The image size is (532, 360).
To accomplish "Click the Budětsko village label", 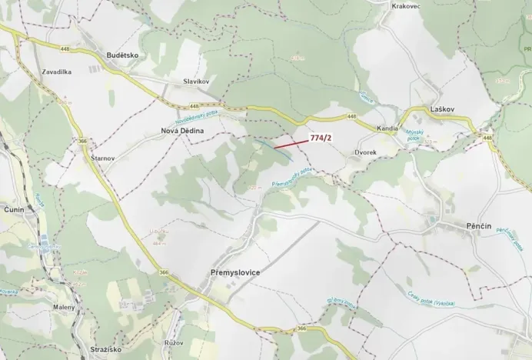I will click(121, 55).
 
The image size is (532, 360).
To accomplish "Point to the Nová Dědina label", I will click(181, 132).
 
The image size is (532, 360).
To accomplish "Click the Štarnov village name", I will click(102, 158).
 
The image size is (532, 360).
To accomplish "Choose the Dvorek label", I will click(365, 152).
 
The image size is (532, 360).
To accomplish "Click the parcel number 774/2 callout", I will click(320, 138).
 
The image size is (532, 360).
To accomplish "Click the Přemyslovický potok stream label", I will click(292, 178).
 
